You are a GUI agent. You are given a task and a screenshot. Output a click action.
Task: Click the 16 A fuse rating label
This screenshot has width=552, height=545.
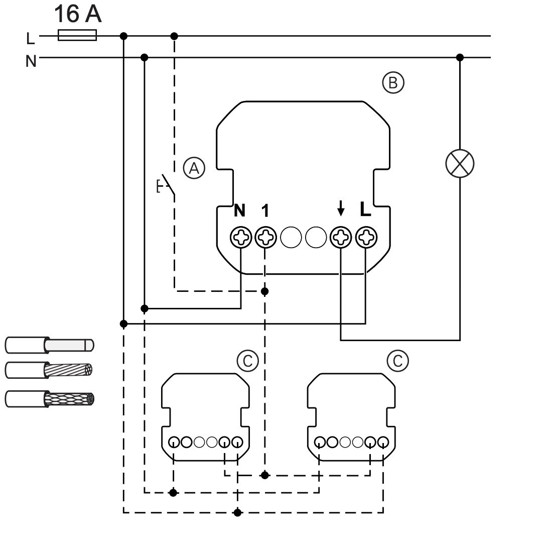(78, 14)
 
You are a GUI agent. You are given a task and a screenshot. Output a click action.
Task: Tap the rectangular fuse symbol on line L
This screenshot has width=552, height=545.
(77, 35)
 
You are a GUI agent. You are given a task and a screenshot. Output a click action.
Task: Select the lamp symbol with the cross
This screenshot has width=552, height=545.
(460, 163)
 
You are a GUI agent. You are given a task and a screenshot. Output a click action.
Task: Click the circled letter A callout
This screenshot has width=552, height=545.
(194, 168)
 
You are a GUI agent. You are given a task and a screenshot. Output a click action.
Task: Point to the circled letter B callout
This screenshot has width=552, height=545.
(393, 83)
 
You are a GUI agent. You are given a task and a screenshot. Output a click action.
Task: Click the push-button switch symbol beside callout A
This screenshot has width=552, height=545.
(166, 185)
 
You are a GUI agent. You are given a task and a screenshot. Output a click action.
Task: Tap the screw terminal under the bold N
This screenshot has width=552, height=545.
(241, 237)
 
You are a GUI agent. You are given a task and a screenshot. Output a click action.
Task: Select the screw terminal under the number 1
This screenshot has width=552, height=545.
(265, 237)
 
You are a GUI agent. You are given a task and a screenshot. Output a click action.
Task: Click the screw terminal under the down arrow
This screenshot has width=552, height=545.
(341, 237)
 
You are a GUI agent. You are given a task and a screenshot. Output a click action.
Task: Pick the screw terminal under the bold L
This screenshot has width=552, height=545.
(366, 237)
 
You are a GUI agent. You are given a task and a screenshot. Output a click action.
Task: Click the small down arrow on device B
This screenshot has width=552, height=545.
(340, 208)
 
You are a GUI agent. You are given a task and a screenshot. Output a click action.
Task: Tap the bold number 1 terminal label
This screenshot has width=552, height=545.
(265, 210)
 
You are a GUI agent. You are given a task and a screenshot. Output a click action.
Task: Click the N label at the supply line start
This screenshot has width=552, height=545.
(31, 61)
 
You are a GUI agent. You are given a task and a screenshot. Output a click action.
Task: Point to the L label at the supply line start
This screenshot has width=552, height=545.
(31, 38)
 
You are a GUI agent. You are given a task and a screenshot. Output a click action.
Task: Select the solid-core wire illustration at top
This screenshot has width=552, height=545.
(49, 345)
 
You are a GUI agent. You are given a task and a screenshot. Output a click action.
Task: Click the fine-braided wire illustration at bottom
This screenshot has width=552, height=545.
(49, 399)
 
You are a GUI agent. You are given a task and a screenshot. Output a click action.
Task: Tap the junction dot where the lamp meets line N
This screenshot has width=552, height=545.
(460, 57)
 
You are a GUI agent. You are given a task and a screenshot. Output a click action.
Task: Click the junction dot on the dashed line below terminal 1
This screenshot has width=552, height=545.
(265, 291)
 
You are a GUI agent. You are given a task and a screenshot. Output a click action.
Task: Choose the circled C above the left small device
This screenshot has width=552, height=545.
(248, 361)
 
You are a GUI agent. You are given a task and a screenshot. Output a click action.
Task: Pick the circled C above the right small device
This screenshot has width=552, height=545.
(398, 361)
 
